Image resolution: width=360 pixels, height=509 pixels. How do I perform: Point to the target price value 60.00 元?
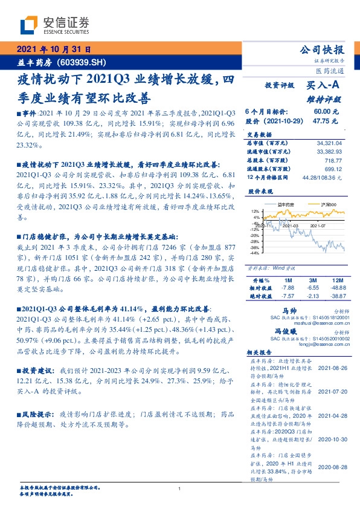322,112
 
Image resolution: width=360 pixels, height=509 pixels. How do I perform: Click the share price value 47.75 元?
321,121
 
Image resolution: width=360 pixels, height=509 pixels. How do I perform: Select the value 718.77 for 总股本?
333,162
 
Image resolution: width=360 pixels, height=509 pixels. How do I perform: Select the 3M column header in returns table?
313,280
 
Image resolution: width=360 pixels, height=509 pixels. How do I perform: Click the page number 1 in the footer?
180,488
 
